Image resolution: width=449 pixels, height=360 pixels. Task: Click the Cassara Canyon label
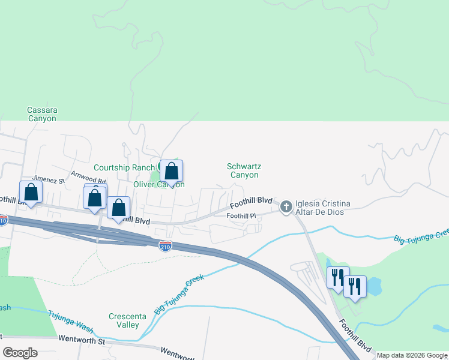(x=42, y=114)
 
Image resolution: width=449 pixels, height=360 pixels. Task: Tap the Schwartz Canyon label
(x=243, y=170)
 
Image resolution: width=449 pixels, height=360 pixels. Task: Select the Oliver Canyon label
(x=158, y=184)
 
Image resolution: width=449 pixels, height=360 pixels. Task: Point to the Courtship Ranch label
(x=124, y=167)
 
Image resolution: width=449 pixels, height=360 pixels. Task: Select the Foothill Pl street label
(x=241, y=215)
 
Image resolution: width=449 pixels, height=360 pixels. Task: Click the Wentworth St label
(x=82, y=340)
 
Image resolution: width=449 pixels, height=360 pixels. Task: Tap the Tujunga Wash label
(x=71, y=319)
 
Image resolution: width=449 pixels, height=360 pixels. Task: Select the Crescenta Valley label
(x=124, y=320)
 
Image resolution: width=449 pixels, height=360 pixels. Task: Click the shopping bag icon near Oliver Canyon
(x=171, y=171)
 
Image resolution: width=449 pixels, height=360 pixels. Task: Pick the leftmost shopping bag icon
(x=31, y=192)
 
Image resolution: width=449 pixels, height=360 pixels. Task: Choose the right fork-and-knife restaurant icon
(x=355, y=286)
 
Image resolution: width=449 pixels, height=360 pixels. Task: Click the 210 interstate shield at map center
(x=166, y=246)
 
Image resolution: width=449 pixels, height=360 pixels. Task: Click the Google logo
(x=20, y=352)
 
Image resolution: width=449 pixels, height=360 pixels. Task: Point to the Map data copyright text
(x=412, y=355)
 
